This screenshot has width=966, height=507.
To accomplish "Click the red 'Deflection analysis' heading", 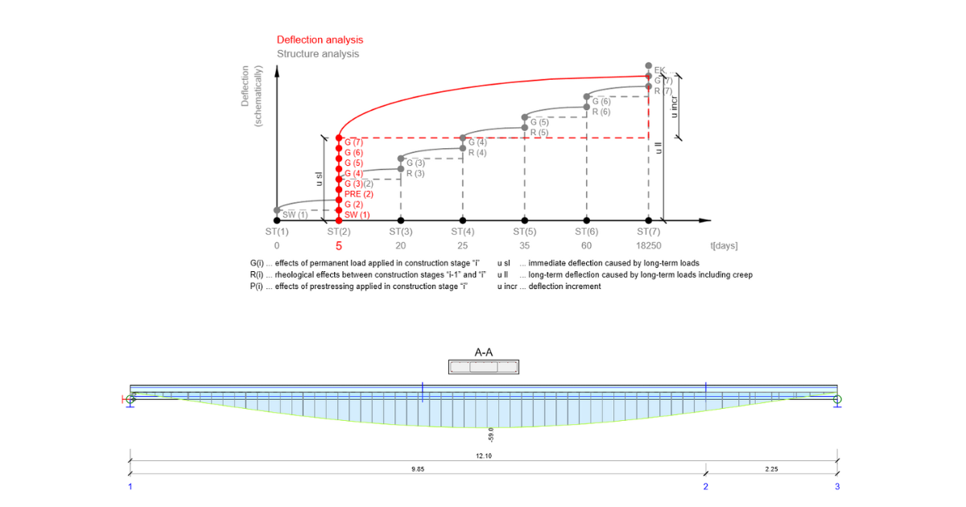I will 320,39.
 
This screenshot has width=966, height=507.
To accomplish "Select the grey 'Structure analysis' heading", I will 318,54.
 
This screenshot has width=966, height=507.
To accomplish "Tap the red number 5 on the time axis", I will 339,246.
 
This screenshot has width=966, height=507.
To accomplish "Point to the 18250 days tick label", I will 648,245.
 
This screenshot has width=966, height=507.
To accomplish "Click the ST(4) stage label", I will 463,231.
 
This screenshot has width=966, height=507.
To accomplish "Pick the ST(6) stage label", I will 587,231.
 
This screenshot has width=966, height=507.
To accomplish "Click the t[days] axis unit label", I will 723,245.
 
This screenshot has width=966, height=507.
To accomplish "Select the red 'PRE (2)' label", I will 358,194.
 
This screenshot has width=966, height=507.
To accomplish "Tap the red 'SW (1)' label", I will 357,215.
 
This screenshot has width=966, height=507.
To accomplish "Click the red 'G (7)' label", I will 353,142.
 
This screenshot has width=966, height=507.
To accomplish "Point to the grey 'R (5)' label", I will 539,132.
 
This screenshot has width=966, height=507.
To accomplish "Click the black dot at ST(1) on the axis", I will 277,220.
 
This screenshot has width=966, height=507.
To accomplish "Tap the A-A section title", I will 484,352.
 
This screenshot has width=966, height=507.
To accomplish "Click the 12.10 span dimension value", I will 483,456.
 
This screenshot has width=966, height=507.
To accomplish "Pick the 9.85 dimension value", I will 418,468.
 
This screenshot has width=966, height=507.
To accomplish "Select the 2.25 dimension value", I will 771,468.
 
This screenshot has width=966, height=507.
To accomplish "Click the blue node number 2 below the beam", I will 706,486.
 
